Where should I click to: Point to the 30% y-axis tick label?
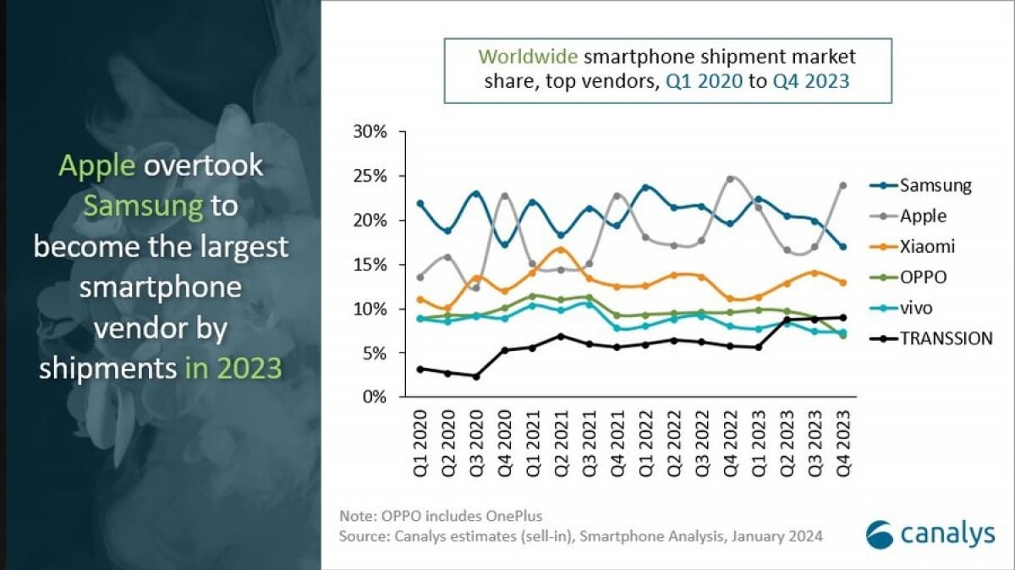[370, 133]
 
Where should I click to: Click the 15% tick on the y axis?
[370, 265]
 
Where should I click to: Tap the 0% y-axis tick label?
[374, 397]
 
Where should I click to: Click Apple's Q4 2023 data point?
[843, 185]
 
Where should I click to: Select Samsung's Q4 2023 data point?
[843, 247]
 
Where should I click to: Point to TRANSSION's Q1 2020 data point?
[420, 369]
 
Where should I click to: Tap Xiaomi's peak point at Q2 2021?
[560, 249]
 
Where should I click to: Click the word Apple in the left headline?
[96, 166]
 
